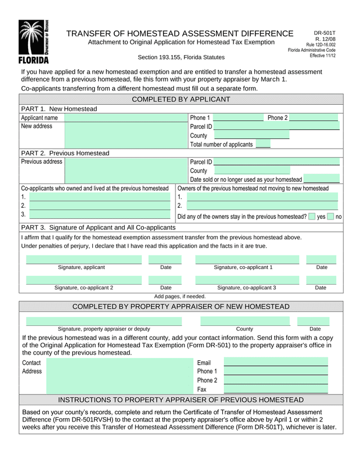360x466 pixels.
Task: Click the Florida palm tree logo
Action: pyautogui.click(x=34, y=42)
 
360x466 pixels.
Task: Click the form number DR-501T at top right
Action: pyautogui.click(x=325, y=33)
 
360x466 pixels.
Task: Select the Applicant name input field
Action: pyautogui.click(x=126, y=118)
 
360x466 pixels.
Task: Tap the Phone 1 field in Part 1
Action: pyautogui.click(x=238, y=118)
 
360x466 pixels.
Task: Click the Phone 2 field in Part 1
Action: pyautogui.click(x=313, y=118)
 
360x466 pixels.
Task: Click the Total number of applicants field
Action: pyautogui.click(x=263, y=145)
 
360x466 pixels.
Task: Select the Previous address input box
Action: pyautogui.click(x=126, y=171)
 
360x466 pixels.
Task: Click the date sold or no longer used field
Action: pyautogui.click(x=321, y=179)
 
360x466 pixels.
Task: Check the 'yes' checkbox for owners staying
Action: pyautogui.click(x=312, y=216)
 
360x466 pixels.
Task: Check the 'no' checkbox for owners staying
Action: pyautogui.click(x=330, y=216)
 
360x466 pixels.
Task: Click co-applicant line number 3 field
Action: pyautogui.click(x=100, y=214)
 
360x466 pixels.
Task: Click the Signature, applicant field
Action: pyautogui.click(x=84, y=259)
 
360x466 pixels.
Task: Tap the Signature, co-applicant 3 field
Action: pyautogui.click(x=247, y=280)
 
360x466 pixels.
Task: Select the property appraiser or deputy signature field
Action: pyautogui.click(x=103, y=321)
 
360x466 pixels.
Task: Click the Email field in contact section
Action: pyautogui.click(x=276, y=362)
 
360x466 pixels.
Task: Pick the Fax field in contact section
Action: pyautogui.click(x=276, y=389)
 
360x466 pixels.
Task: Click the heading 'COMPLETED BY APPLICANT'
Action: pyautogui.click(x=181, y=100)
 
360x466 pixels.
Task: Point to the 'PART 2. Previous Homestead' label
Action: pyautogui.click(x=65, y=153)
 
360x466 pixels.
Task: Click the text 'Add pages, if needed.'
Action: pyautogui.click(x=180, y=296)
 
